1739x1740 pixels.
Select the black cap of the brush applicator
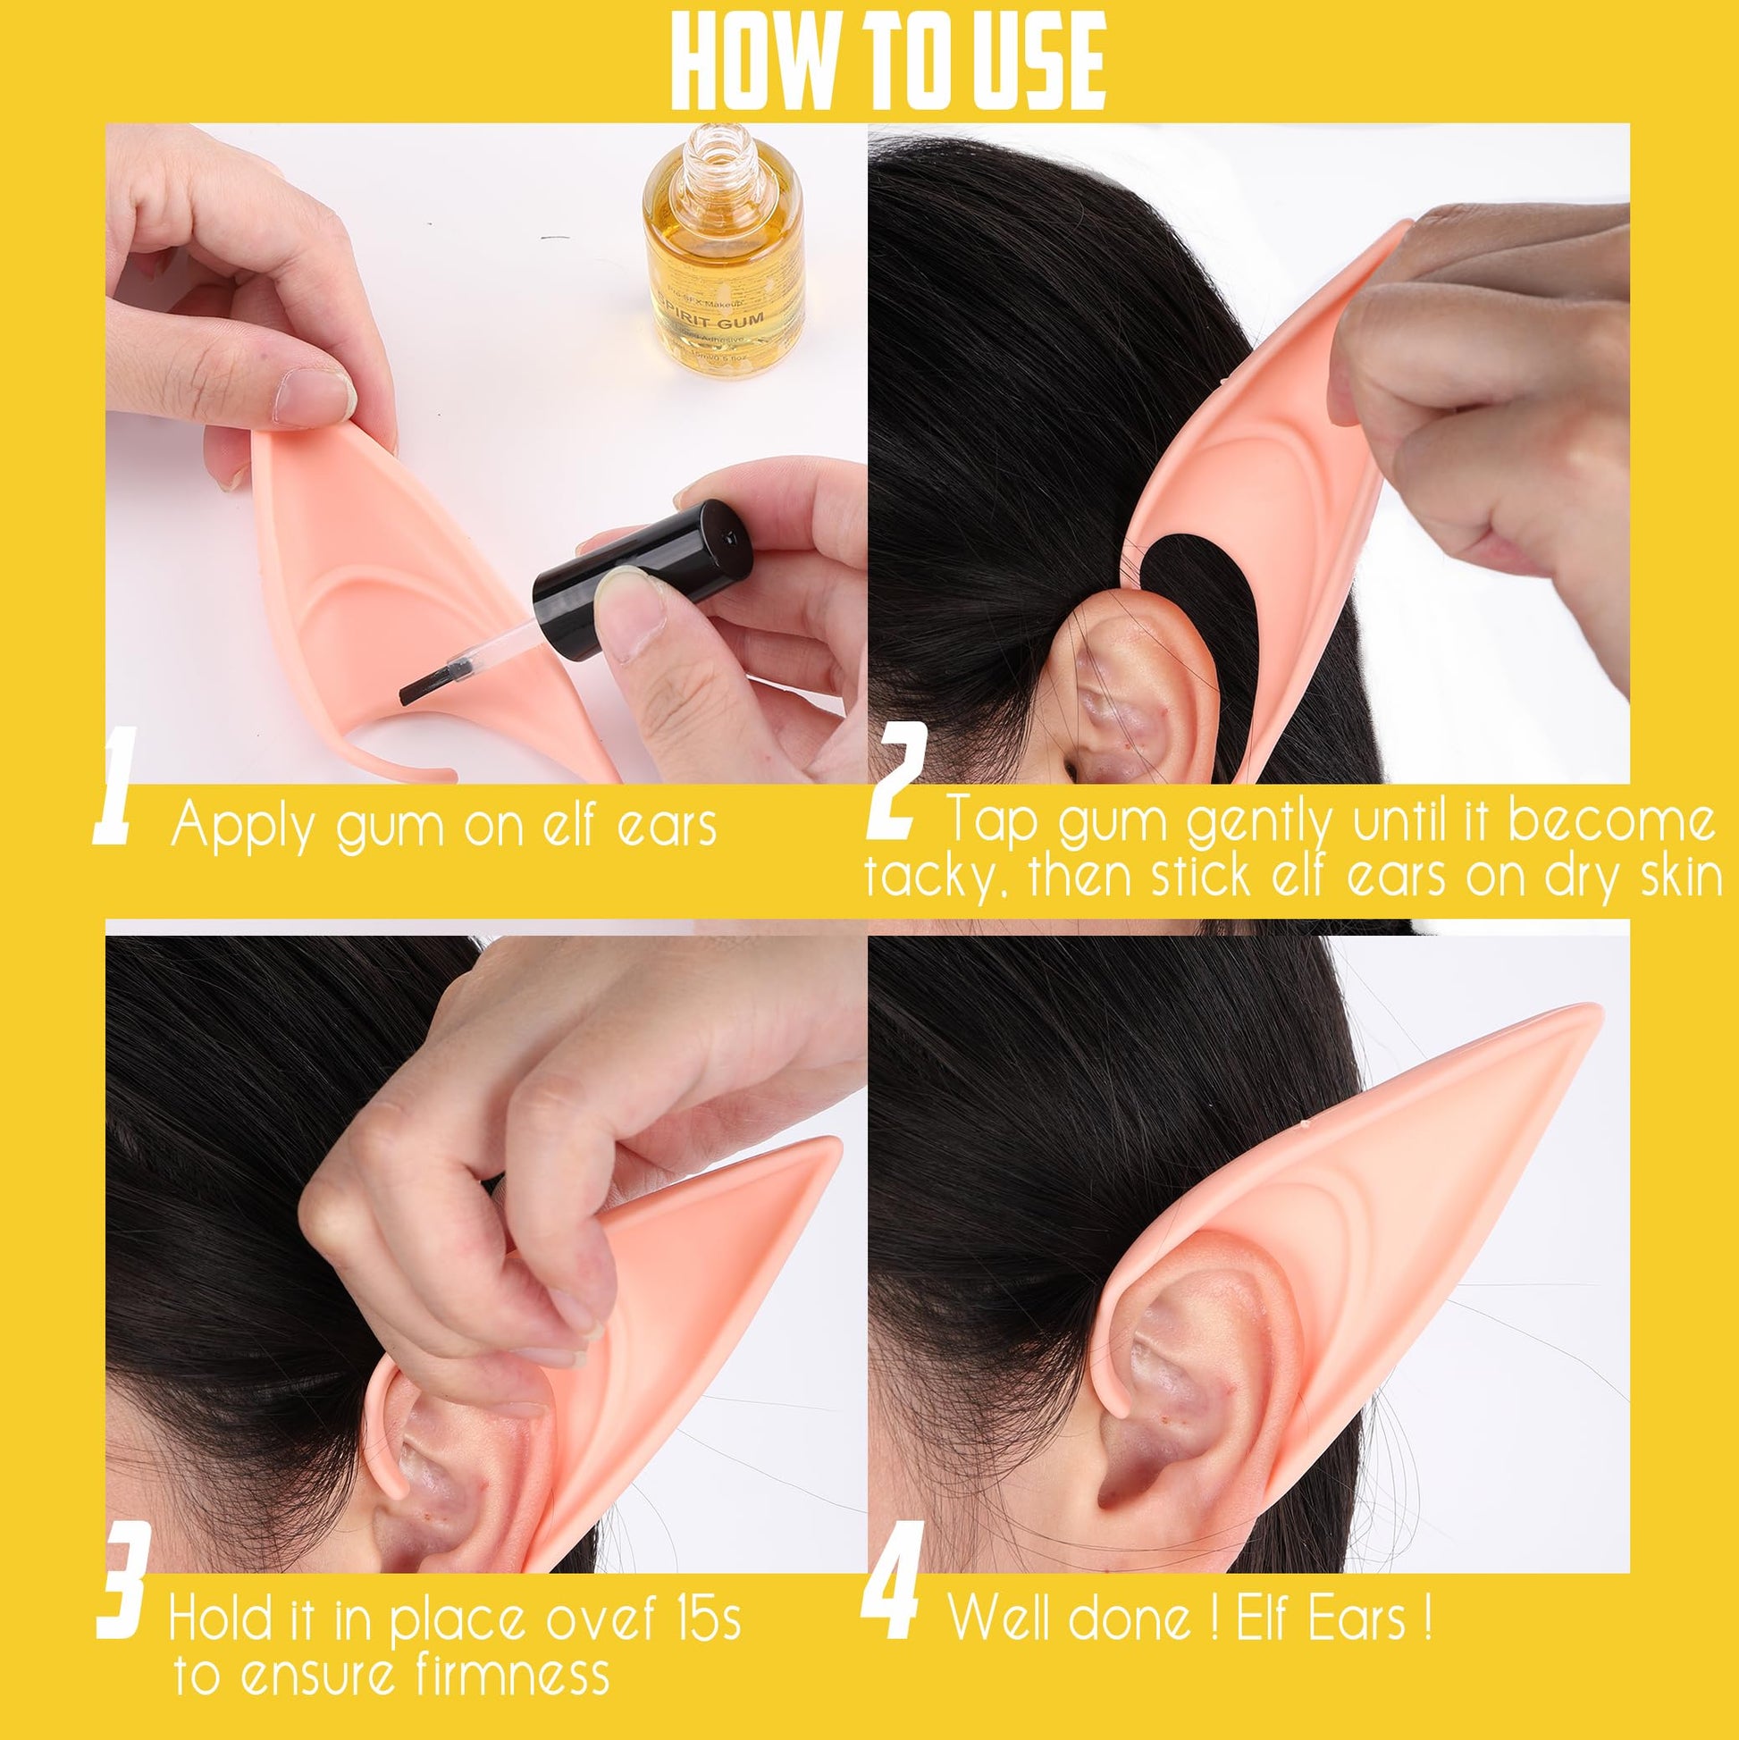tap(644, 571)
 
